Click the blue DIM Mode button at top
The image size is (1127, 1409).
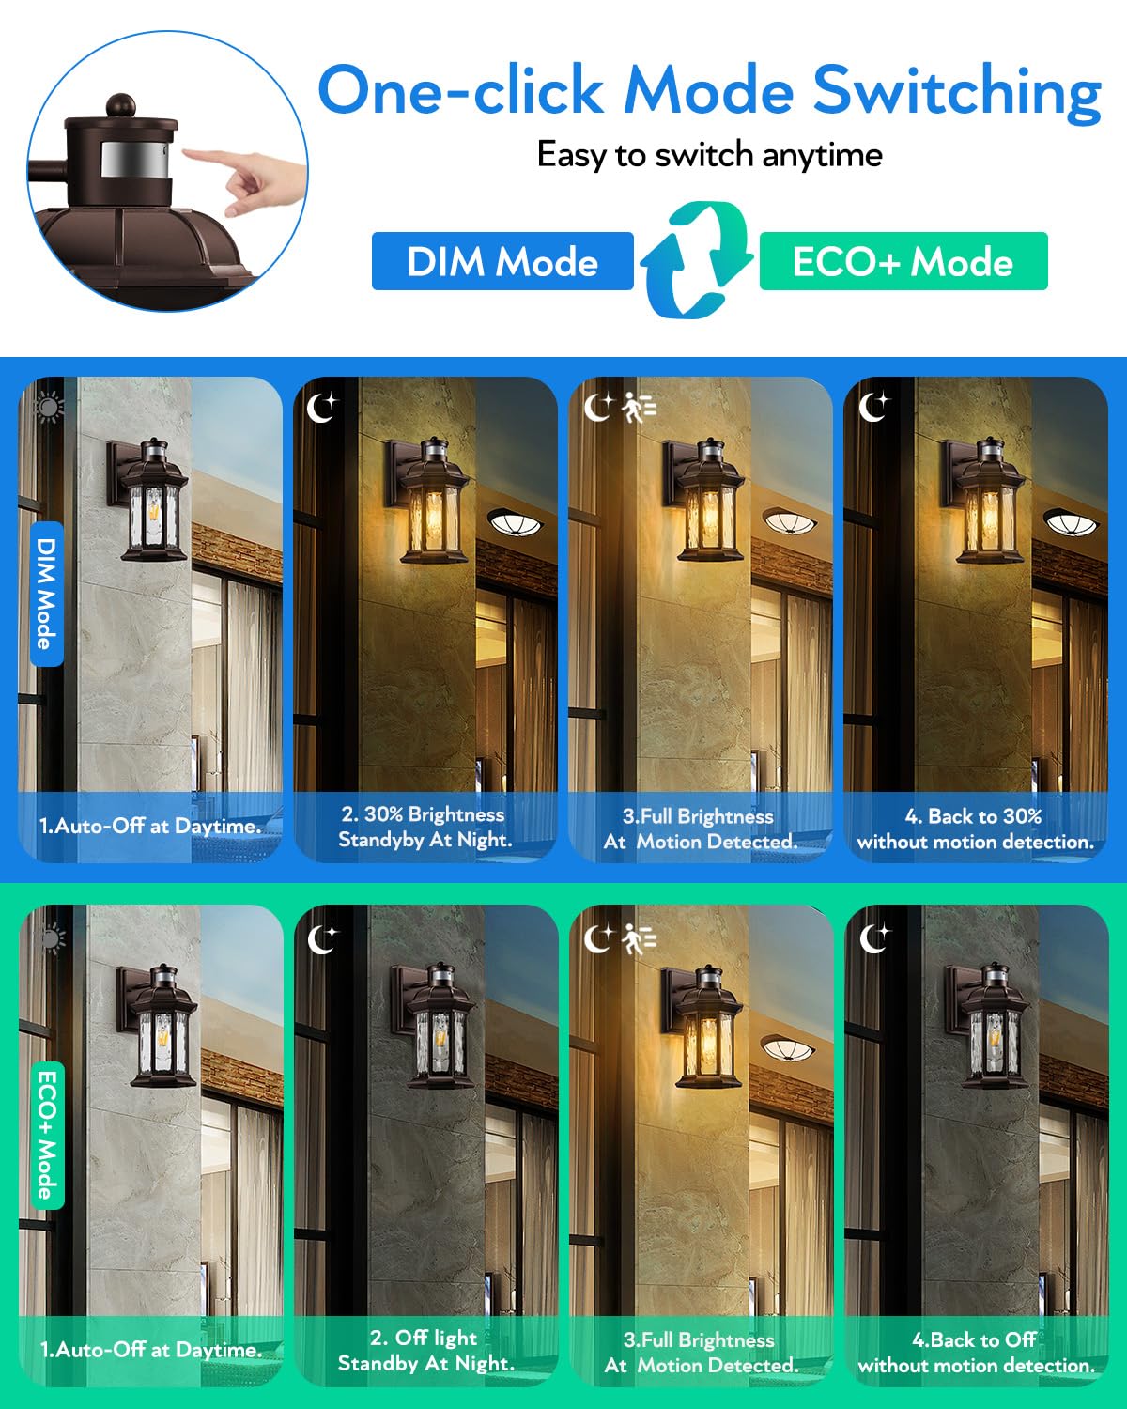coord(502,261)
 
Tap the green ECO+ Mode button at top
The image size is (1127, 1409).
coord(903,261)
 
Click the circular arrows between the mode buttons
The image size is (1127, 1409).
coord(697,260)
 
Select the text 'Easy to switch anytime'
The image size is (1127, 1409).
coord(709,156)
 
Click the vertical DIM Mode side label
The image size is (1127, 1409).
coord(47,594)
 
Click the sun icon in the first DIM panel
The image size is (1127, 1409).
coord(48,408)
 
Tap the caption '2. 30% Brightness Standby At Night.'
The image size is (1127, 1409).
coord(425,827)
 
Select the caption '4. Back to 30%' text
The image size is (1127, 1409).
coord(973,815)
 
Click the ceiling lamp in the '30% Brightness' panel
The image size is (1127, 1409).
coord(516,522)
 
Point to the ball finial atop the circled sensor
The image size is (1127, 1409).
coord(121,105)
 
